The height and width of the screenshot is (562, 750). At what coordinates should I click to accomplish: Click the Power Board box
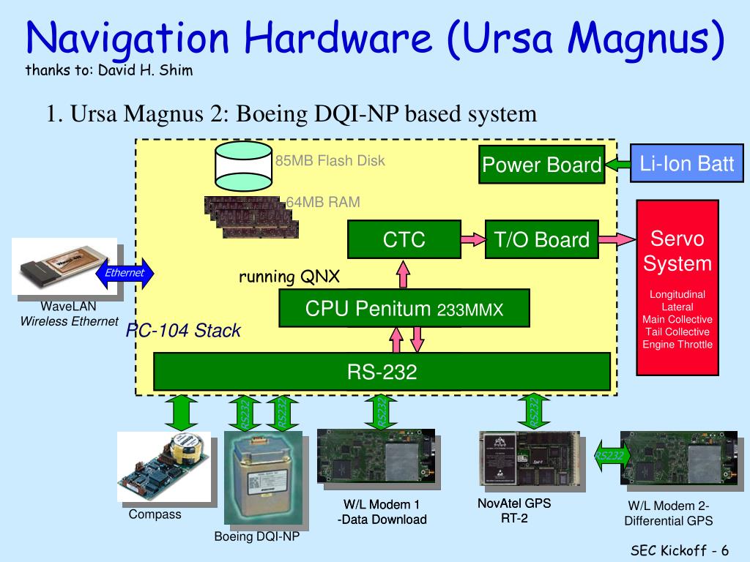[x=541, y=165]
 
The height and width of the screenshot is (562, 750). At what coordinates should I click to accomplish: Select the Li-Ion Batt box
[x=686, y=163]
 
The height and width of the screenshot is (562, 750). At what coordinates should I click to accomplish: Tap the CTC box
[x=404, y=239]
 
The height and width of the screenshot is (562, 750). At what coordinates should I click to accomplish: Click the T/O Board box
[x=541, y=239]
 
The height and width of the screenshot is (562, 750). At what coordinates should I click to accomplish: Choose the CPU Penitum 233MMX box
[x=404, y=308]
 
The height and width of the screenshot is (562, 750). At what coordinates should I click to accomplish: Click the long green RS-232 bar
[x=382, y=372]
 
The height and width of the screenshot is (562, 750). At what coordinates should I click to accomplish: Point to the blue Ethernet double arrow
[x=125, y=273]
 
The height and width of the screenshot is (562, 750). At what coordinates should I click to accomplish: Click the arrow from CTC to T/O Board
[x=472, y=239]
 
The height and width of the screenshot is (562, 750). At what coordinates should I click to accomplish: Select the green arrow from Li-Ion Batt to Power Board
[x=618, y=165]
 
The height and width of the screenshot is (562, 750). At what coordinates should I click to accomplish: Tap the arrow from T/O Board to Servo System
[x=617, y=239]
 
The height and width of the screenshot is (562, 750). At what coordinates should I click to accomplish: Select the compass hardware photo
[x=166, y=467]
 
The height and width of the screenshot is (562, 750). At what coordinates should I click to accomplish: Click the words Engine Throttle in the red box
[x=677, y=345]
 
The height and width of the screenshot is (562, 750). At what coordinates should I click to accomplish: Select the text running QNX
[x=289, y=277]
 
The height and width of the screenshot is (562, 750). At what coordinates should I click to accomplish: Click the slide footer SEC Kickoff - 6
[x=680, y=550]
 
